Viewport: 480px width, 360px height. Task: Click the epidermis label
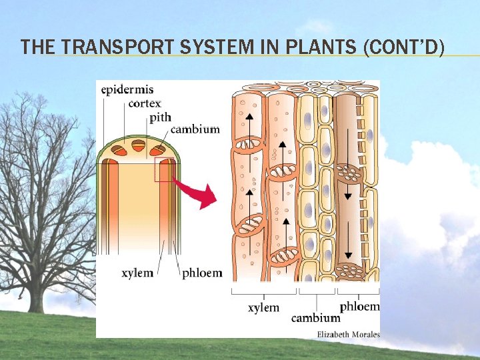click(x=127, y=89)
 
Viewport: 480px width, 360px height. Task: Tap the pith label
click(x=160, y=117)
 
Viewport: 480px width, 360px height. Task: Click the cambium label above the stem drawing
click(x=195, y=129)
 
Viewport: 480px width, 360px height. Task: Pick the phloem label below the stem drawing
click(x=203, y=273)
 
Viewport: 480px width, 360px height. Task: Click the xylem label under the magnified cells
click(x=263, y=307)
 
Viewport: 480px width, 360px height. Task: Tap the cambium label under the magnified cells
click(x=315, y=317)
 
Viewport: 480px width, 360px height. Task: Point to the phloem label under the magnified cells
click(x=359, y=307)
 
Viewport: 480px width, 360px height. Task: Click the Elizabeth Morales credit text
click(x=348, y=333)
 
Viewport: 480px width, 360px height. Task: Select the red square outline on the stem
click(x=164, y=169)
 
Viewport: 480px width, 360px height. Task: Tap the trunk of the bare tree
click(x=37, y=293)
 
